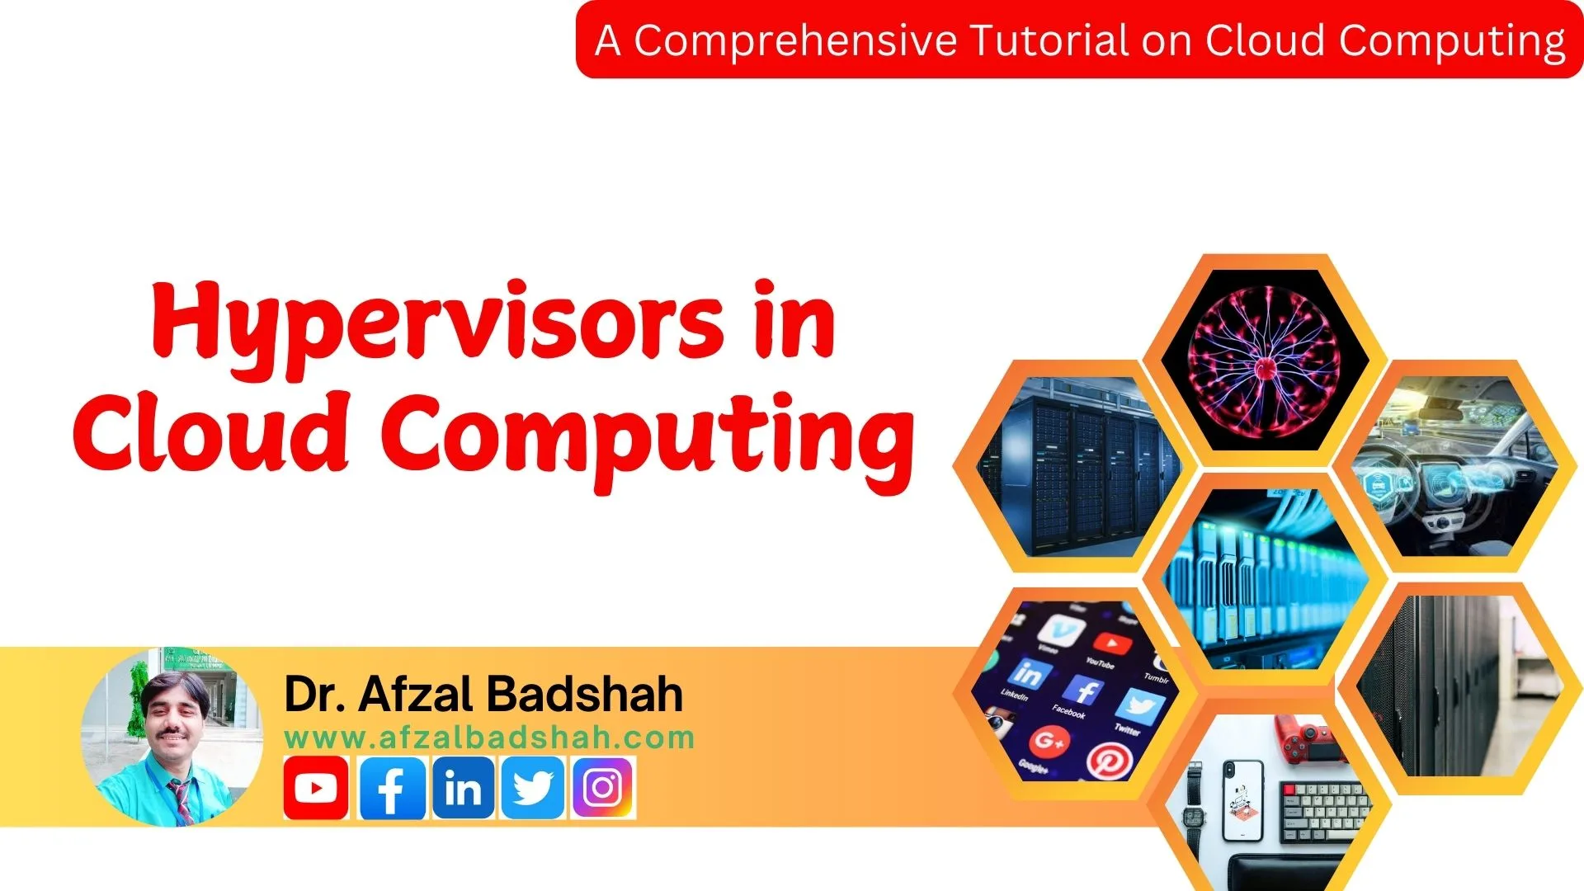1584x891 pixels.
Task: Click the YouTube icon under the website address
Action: (x=315, y=788)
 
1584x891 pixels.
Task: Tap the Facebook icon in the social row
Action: (x=393, y=788)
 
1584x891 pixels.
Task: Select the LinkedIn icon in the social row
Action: (x=463, y=788)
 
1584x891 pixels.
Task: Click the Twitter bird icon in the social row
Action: (x=533, y=788)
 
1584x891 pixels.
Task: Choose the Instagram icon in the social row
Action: (x=603, y=788)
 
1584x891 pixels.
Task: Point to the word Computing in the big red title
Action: (x=648, y=437)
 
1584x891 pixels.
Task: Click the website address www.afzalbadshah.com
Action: (x=489, y=738)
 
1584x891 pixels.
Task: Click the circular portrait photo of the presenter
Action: (x=172, y=737)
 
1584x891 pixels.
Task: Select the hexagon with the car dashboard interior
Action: (x=1454, y=466)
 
